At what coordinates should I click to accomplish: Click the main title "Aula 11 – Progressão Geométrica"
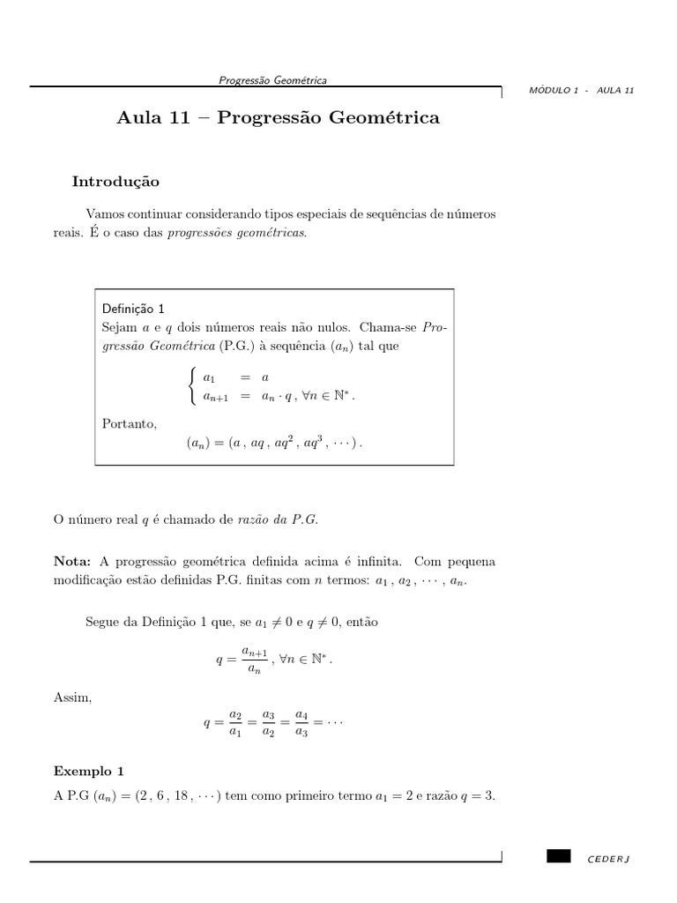[278, 117]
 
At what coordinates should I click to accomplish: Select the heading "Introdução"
[115, 182]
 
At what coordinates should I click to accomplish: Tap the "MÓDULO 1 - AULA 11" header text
[582, 91]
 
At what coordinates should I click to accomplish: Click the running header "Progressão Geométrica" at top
[272, 80]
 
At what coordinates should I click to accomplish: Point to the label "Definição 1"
[133, 309]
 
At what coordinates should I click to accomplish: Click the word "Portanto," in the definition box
[130, 424]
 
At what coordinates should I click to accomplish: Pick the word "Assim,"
[72, 698]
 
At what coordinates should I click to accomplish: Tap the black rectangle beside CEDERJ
[558, 856]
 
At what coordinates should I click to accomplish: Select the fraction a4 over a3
[301, 723]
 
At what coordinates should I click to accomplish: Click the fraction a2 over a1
[235, 723]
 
